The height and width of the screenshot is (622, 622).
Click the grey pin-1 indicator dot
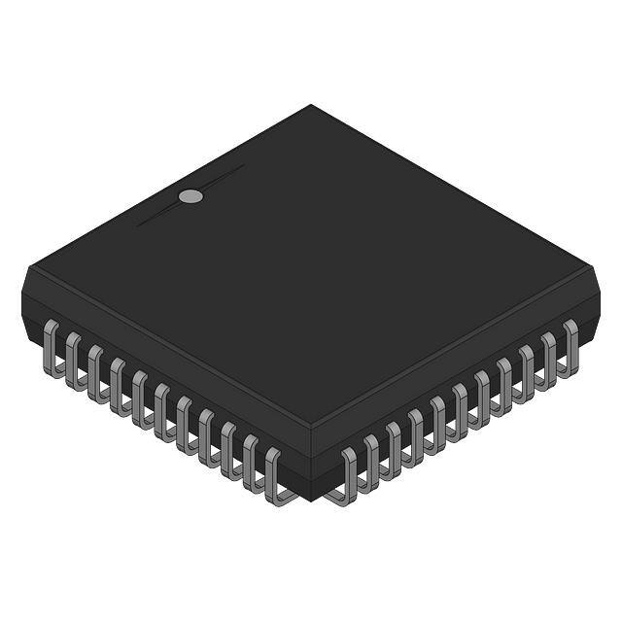tap(191, 196)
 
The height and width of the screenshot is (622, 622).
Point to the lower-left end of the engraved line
tap(138, 225)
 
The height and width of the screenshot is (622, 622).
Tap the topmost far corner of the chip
tap(311, 105)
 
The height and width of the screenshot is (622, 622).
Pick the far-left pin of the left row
tap(52, 344)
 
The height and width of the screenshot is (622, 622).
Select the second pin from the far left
tap(74, 357)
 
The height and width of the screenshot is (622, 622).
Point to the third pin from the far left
tap(96, 370)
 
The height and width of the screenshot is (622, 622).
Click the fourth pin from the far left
tap(119, 383)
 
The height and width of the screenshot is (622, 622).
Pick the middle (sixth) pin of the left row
tap(162, 409)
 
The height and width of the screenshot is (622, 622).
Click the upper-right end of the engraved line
tap(243, 166)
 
